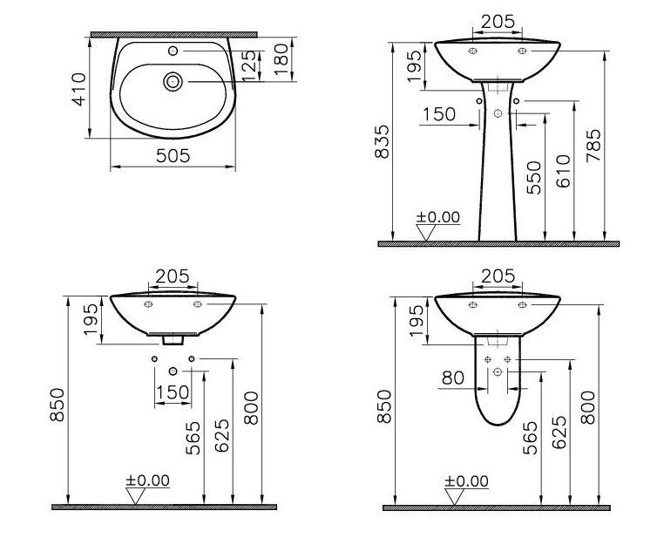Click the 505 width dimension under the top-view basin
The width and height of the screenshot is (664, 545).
tap(173, 156)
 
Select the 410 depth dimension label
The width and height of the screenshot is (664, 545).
tap(78, 89)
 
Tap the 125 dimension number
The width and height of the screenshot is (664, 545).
tap(248, 65)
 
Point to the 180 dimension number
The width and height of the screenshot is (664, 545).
tap(281, 59)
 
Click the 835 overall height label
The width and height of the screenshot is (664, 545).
tap(382, 141)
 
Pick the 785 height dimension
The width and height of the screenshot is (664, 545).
tap(593, 146)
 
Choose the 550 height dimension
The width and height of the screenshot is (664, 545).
tap(534, 178)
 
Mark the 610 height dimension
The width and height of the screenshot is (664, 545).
tap(563, 171)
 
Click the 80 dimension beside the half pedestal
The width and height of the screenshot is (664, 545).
tap(453, 378)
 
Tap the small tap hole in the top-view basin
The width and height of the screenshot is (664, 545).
tap(173, 51)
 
